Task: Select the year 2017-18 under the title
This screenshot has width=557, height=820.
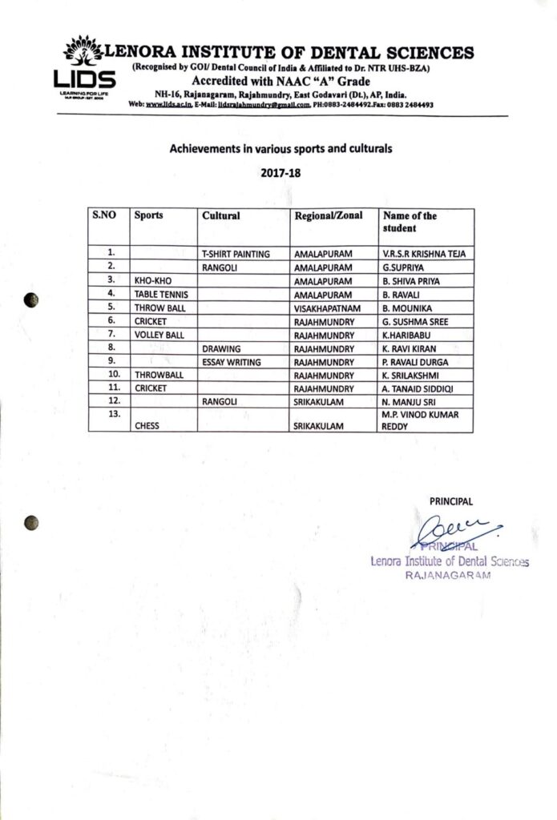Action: point(279,172)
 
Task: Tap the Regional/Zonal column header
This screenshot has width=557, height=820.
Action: point(329,216)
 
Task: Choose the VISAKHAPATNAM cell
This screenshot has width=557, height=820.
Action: point(329,307)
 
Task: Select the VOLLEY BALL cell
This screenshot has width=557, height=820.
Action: point(160,334)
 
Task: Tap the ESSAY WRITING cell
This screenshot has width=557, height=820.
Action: point(232,362)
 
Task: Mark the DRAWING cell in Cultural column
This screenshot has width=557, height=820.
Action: point(222,349)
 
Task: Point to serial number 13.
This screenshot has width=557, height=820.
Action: point(114,412)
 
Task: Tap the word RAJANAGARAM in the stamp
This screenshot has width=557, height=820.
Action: point(447,576)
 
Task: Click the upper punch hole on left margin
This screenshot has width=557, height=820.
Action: point(31,300)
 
